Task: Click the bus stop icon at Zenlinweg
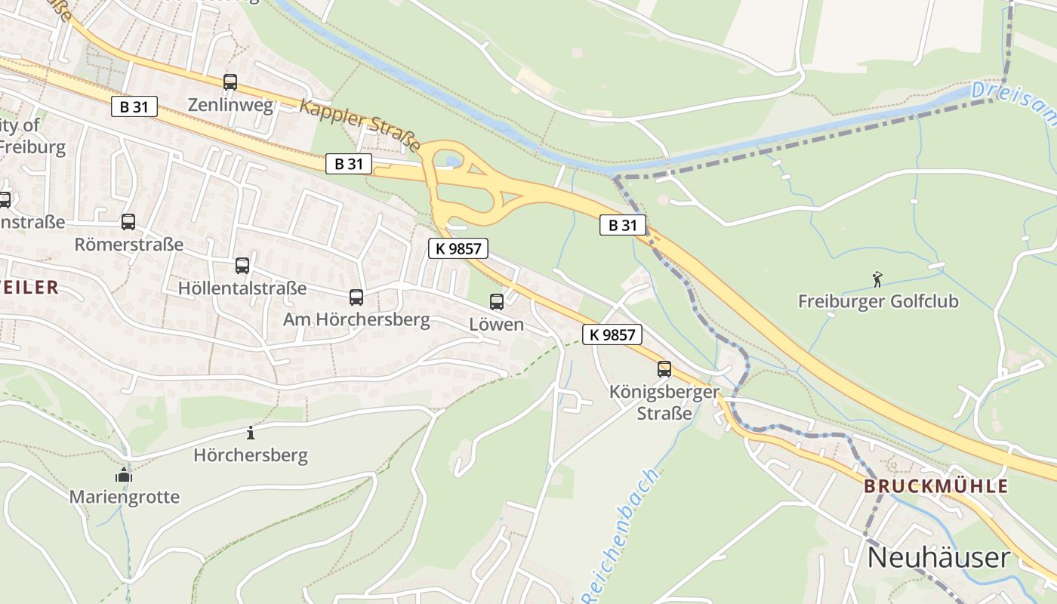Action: pyautogui.click(x=230, y=82)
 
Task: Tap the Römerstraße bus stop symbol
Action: pyautogui.click(x=128, y=221)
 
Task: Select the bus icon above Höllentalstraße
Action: pyautogui.click(x=242, y=265)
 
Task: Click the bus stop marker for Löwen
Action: pyautogui.click(x=497, y=301)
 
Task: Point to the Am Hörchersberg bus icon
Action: pyautogui.click(x=356, y=297)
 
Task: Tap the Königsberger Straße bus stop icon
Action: pyautogui.click(x=664, y=368)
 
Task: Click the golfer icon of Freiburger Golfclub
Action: pyautogui.click(x=877, y=279)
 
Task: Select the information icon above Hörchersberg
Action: pyautogui.click(x=251, y=433)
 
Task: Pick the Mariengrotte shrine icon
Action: pyautogui.click(x=124, y=475)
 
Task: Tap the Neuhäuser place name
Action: pyautogui.click(x=938, y=557)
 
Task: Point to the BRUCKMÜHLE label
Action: pyautogui.click(x=936, y=486)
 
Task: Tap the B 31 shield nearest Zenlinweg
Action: pyautogui.click(x=134, y=106)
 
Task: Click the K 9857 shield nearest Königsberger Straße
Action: pyautogui.click(x=612, y=334)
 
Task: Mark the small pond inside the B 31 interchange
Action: pyautogui.click(x=453, y=160)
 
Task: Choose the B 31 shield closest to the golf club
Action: pyautogui.click(x=623, y=224)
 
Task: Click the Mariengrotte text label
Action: pyautogui.click(x=125, y=497)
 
